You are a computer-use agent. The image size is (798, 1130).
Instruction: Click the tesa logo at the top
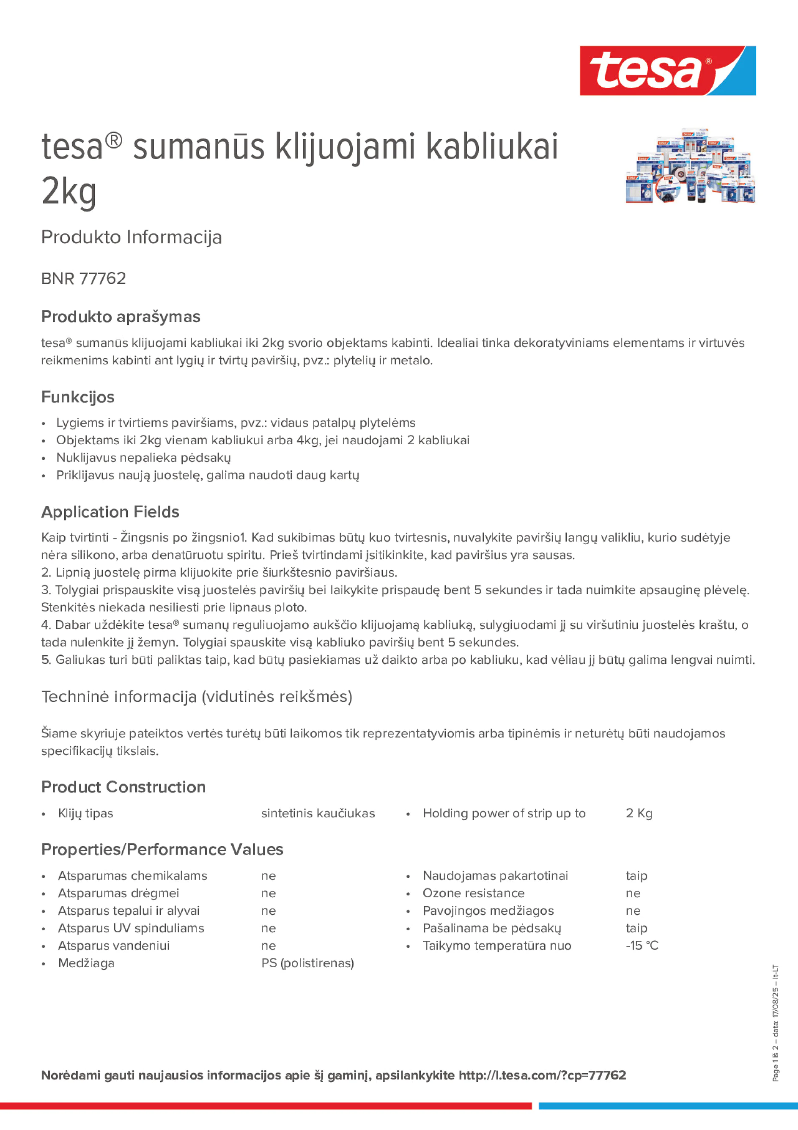pos(667,71)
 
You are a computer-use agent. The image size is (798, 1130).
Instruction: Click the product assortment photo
pos(690,166)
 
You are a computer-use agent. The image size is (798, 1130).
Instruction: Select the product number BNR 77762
pos(84,278)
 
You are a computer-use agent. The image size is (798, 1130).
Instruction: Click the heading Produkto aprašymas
pos(121,316)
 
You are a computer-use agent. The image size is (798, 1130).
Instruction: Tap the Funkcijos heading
pos(78,397)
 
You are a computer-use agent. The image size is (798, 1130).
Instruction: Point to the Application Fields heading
pos(110,512)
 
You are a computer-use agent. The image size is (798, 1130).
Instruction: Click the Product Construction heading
pos(123,787)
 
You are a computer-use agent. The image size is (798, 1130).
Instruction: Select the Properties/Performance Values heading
pos(162,850)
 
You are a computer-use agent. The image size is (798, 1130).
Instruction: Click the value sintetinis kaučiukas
pos(318,813)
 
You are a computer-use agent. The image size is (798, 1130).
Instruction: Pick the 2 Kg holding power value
pos(639,813)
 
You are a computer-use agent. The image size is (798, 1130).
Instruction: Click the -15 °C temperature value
pos(642,946)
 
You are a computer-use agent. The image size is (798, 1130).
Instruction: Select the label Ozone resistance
pos(473,893)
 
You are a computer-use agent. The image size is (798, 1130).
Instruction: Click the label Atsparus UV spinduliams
pos(131,928)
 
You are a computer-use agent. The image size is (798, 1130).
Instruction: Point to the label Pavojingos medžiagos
pos(488,910)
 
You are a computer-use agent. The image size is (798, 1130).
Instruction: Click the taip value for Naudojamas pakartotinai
pos(636,876)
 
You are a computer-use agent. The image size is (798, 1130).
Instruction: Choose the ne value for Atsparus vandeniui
pos(268,946)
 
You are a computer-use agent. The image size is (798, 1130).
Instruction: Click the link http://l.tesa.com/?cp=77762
pos(542,1075)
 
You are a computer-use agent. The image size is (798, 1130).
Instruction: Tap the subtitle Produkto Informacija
pos(132,237)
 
